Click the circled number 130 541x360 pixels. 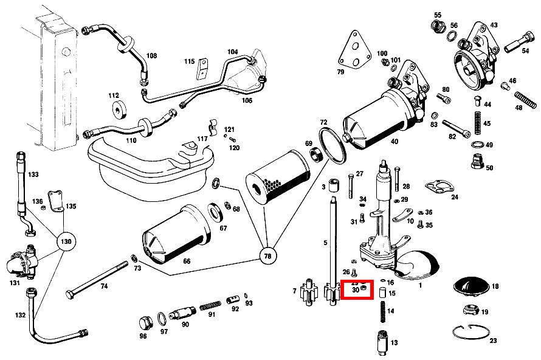(x=66, y=242)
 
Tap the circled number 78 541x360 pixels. (x=266, y=256)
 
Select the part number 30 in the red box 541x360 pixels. (x=356, y=291)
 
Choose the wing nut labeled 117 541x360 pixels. (x=213, y=126)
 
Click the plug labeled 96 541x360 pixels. (x=145, y=322)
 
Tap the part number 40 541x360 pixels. (x=395, y=142)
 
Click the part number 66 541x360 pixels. (x=187, y=261)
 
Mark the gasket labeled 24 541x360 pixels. (x=438, y=185)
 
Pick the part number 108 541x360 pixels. (x=151, y=56)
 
